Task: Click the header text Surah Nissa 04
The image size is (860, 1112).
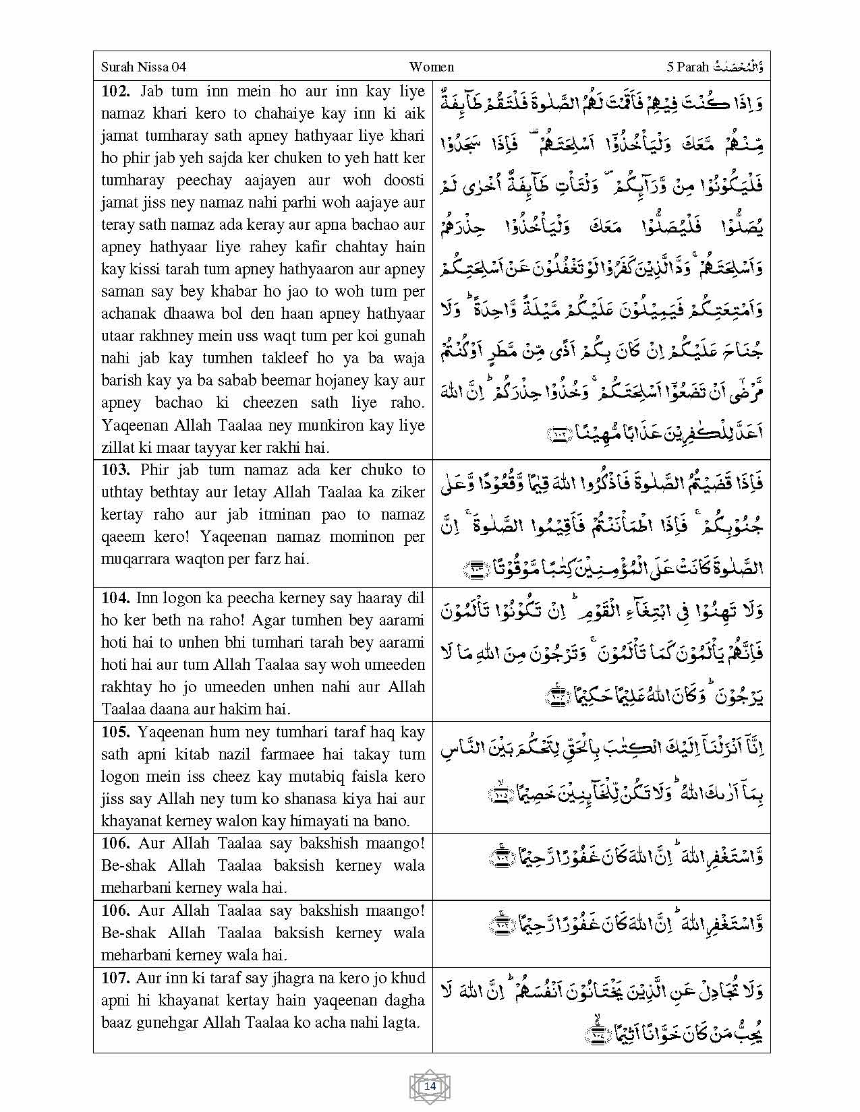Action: tap(143, 67)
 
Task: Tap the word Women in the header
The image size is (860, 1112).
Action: tap(431, 67)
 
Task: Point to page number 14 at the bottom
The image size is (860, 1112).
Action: tap(430, 1086)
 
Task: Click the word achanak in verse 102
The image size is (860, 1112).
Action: tap(127, 313)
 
